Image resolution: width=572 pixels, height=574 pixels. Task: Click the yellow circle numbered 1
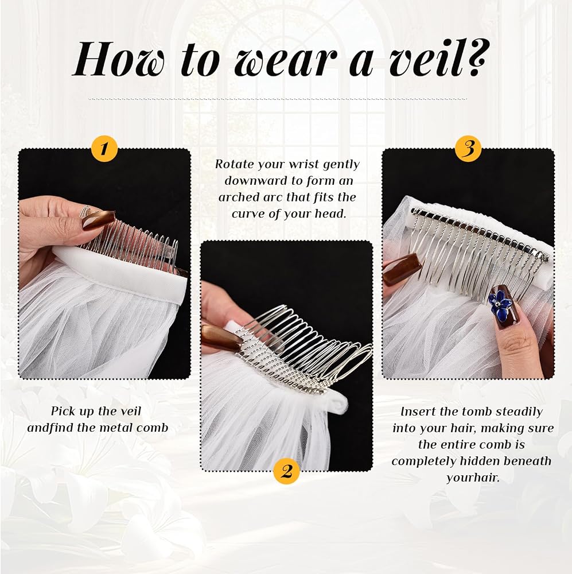click(x=104, y=149)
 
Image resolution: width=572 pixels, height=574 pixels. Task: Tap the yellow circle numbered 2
click(x=286, y=471)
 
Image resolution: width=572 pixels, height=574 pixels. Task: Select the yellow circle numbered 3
click(x=469, y=149)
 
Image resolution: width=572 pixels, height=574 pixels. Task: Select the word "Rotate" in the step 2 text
click(x=234, y=164)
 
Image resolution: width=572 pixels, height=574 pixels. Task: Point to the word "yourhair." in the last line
click(x=473, y=478)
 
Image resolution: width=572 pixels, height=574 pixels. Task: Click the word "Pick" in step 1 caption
click(x=63, y=411)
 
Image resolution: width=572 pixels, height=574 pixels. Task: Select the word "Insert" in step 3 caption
click(x=418, y=412)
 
